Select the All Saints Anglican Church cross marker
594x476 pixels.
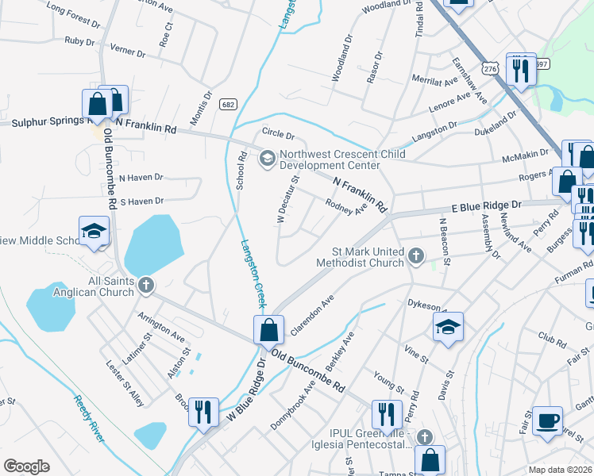coord(145,286)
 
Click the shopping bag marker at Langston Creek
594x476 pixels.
coord(268,328)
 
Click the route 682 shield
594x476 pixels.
coord(229,104)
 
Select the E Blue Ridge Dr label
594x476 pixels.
coord(486,205)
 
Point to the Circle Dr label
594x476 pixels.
coord(279,136)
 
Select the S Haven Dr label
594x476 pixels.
coord(141,202)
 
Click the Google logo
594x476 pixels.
coord(26,466)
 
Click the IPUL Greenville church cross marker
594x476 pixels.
coord(426,437)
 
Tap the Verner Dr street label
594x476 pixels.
coord(128,53)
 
